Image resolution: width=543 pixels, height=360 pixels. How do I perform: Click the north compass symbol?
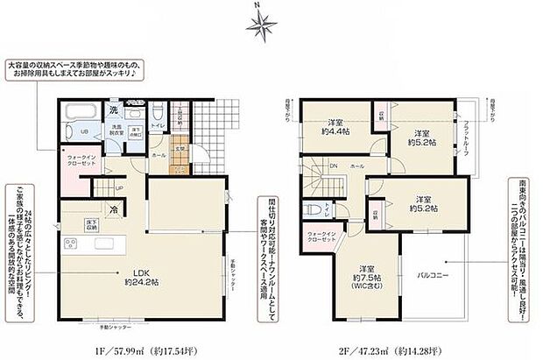tap(261, 25)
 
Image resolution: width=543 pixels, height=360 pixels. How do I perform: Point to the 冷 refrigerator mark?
tap(113, 209)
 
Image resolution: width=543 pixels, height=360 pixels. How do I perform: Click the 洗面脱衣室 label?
tap(114, 131)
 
